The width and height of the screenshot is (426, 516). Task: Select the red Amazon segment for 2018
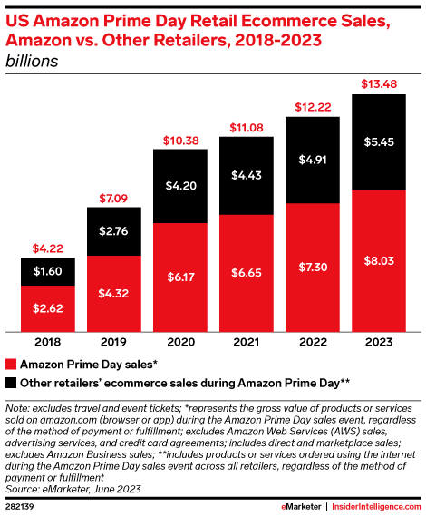pos(47,308)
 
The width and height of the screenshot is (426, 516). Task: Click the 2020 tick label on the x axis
pos(179,343)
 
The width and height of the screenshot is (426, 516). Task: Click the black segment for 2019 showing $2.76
pos(113,231)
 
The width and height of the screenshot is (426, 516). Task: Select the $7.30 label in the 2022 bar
pos(313,266)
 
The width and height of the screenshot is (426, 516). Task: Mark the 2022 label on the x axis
pos(313,343)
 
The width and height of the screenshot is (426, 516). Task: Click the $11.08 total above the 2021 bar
pos(246,128)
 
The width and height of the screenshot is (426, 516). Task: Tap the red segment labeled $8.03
pos(379,259)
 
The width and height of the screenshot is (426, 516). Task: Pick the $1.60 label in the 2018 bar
pos(47,272)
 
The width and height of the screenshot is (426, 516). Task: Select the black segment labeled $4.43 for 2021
pos(246,176)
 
